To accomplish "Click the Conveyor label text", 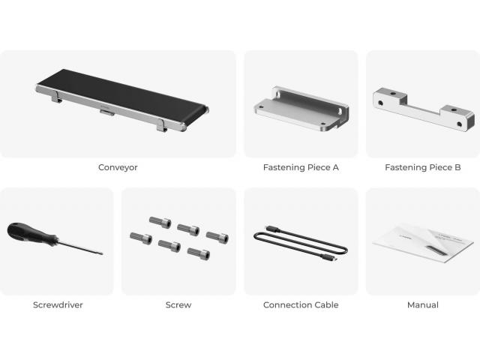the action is click(118, 167).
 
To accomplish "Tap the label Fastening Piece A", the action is click(301, 167).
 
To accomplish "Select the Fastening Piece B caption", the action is click(423, 167).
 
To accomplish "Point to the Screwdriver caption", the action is click(58, 305).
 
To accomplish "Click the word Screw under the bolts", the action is click(178, 305).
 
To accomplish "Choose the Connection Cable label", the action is click(301, 305).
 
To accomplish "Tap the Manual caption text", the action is click(423, 305).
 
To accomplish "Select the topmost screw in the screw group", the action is click(160, 222).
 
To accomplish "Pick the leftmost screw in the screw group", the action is click(141, 238).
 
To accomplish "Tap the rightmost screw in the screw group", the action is click(217, 237).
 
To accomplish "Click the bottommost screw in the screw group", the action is click(199, 253).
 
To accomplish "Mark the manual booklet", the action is click(423, 243).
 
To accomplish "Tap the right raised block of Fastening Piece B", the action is click(458, 118).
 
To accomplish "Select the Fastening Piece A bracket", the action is click(301, 109).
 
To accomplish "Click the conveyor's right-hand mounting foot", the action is click(162, 125).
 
